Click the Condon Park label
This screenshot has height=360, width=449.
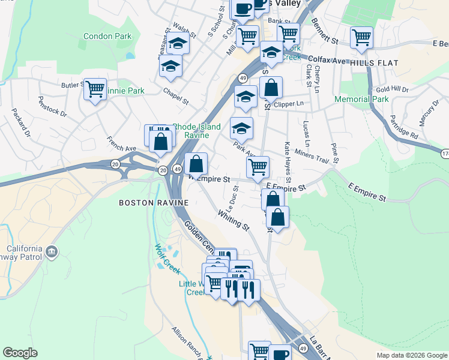pos(107,36)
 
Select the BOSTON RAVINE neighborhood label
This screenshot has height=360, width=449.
pos(154,203)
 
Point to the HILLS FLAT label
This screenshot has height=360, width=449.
pos(372,62)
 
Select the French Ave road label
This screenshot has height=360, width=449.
pos(121,144)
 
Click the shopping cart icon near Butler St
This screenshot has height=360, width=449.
pos(95,90)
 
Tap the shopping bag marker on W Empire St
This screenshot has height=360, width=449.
pos(196,163)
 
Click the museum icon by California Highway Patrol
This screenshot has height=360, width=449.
pos(51,251)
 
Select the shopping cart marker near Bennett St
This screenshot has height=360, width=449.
pos(361,37)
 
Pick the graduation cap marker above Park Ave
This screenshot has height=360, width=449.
pos(241,128)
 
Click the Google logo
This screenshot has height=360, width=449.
pos(20,353)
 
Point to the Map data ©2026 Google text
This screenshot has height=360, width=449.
pos(411,355)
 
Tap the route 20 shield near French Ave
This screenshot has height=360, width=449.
pos(114,164)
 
